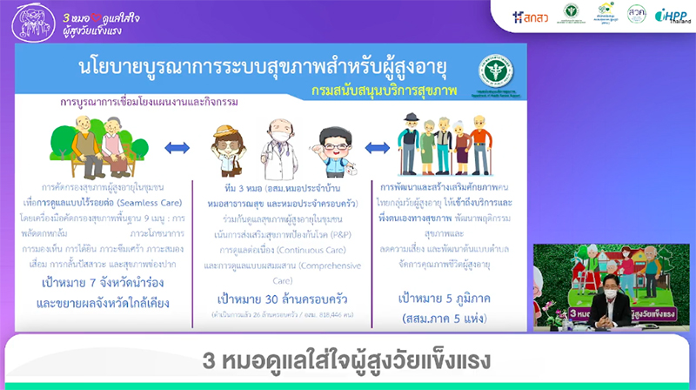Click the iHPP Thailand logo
pos(673,16)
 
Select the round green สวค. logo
pos(637,14)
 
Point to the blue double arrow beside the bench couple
pos(177,147)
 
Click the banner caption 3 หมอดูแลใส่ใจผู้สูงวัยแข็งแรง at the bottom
pos(347,360)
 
